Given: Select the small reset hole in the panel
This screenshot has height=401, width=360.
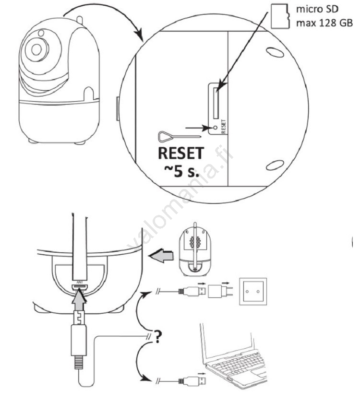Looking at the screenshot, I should pos(216,128).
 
